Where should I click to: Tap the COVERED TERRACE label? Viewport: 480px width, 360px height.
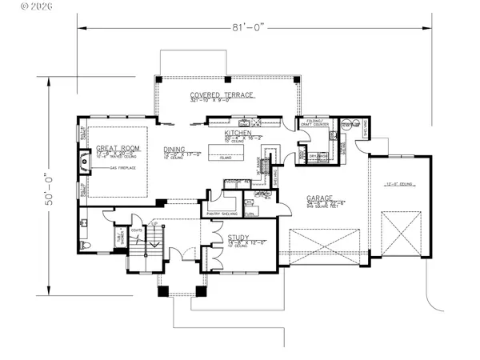(222, 94)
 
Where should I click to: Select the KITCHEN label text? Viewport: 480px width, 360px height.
(238, 132)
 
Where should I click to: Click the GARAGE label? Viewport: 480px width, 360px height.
(320, 198)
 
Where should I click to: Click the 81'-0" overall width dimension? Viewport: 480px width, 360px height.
(255, 27)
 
